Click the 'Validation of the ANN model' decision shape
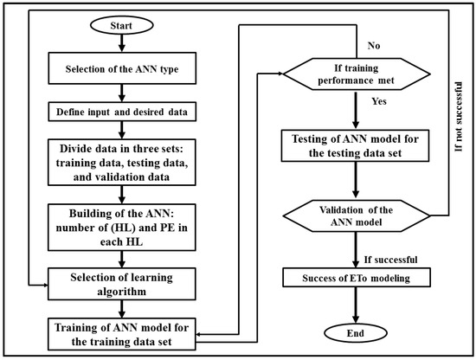coord(357,215)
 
